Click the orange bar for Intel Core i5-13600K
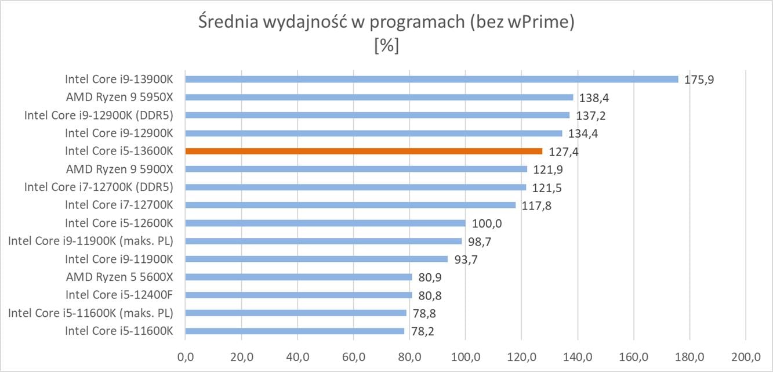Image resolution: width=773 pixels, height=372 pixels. pos(364,151)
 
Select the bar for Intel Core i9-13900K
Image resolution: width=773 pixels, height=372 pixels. pos(431,79)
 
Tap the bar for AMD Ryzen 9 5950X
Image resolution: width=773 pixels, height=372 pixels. pos(379,97)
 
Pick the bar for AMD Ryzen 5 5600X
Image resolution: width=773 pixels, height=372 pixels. pos(299,277)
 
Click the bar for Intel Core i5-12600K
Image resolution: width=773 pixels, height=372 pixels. pos(325,223)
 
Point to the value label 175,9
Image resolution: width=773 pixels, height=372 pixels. pos(699,80)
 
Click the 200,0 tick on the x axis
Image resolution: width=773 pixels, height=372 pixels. pos(745,355)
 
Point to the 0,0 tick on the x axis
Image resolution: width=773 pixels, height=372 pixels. pos(186,355)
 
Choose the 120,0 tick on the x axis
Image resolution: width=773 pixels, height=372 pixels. pos(521,355)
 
